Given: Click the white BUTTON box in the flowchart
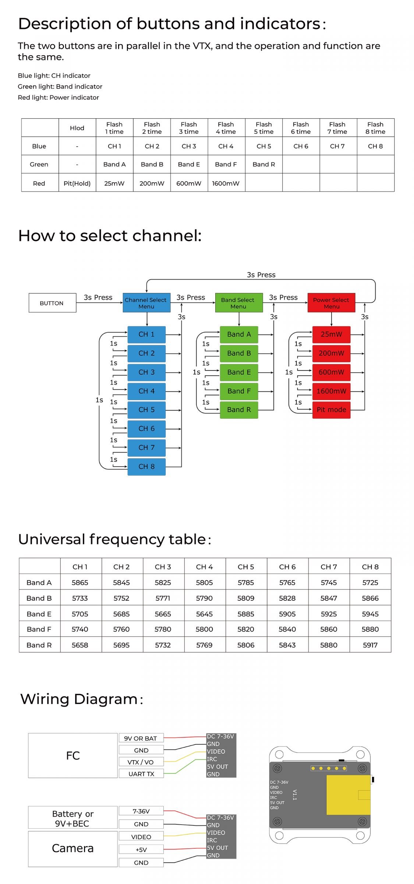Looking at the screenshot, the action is point(52,303).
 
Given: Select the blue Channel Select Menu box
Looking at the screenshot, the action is point(146,303).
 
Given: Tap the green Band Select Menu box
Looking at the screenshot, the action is point(239,303).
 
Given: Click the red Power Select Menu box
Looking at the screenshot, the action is point(331,303).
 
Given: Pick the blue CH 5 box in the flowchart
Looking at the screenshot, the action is point(146,410).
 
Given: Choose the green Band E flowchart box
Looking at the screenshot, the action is point(239,372).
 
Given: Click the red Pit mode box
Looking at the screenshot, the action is point(331,410).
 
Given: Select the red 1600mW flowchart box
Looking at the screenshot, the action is point(331,391).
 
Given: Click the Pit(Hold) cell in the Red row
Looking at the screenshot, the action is point(77,183).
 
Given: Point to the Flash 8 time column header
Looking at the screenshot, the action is point(375,128).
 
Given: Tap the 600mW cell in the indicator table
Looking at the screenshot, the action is point(189,183).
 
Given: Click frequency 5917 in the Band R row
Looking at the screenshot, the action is point(370,645).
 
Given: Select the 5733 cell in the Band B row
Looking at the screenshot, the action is point(80,598).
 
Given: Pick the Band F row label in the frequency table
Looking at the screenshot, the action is point(39,629).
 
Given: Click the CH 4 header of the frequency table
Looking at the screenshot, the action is point(204,567).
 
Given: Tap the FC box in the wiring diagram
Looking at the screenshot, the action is point(73,755).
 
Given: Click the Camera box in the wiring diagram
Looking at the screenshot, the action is point(73,848).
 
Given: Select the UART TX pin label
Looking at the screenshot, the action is point(141,774).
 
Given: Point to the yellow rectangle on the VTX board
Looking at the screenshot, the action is point(348,794).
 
